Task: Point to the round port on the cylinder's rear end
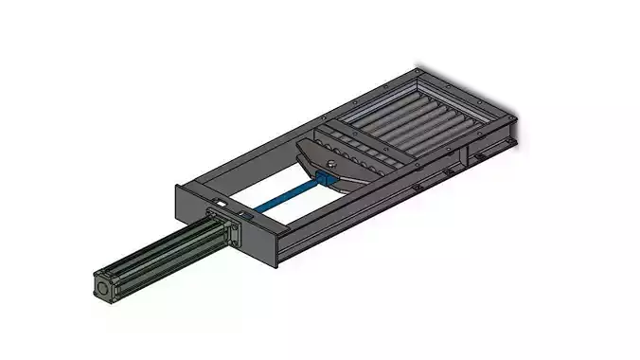(101, 285)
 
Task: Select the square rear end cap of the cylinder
(104, 286)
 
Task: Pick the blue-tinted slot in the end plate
(248, 217)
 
